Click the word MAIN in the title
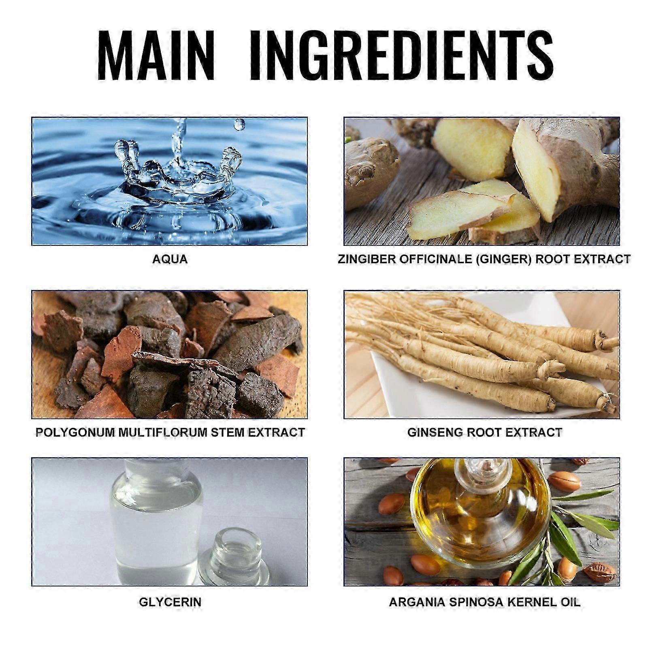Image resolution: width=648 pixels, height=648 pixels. [x=156, y=55]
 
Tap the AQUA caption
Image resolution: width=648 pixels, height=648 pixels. [x=170, y=259]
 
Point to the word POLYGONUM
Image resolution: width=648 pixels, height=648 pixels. [x=75, y=433]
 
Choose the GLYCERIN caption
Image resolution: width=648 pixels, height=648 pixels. [x=170, y=602]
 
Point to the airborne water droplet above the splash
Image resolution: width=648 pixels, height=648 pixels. [x=239, y=124]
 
